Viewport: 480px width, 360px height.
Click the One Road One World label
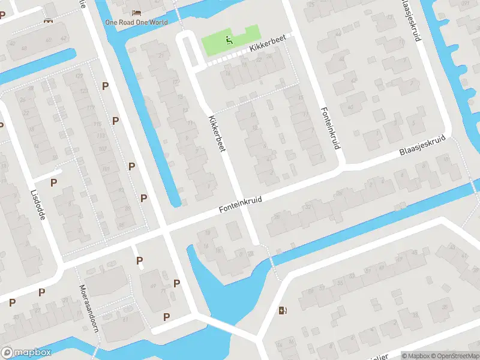[x=136, y=22]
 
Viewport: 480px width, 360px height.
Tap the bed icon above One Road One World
[x=136, y=12]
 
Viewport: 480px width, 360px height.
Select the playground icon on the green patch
[x=229, y=41]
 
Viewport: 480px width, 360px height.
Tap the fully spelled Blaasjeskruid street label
[x=423, y=146]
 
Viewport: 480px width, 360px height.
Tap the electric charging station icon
[x=283, y=310]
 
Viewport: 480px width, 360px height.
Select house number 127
[x=79, y=76]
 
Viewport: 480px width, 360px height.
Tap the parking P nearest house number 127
[x=106, y=86]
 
